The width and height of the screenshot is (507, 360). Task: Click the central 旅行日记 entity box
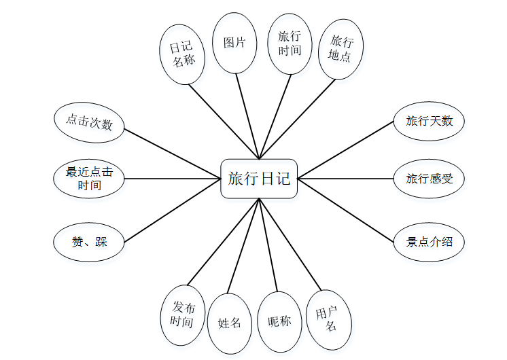259,179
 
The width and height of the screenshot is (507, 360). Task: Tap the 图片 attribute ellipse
234,43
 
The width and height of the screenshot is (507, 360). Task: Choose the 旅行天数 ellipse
429,121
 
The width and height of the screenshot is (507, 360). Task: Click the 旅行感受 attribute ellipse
429,179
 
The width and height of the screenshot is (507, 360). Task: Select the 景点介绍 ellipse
429,242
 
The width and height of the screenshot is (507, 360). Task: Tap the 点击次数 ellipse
89,124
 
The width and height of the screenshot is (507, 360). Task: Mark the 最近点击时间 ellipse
89,179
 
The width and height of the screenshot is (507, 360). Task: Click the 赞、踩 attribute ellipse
89,242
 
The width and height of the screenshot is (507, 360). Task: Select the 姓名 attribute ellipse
230,323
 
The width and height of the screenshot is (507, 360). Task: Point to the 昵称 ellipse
279,321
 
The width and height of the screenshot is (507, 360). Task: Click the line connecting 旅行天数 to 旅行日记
347,150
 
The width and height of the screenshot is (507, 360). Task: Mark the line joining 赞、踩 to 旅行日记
173,211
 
